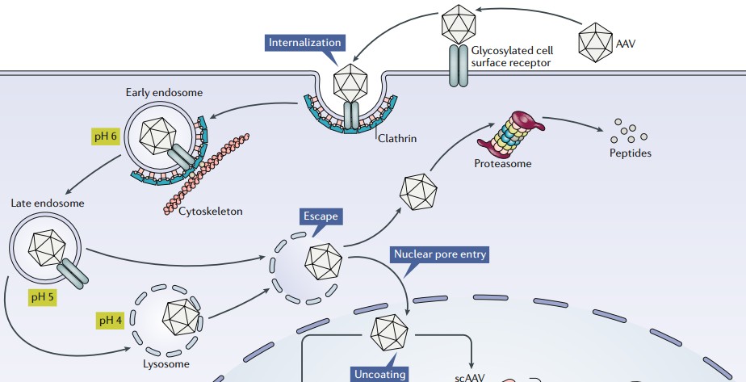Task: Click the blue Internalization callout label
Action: coord(305,42)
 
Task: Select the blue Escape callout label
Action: coord(320,216)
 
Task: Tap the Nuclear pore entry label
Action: coord(440,255)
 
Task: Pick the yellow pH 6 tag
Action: coord(105,135)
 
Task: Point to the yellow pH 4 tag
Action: coord(111,320)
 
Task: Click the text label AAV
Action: coord(626,44)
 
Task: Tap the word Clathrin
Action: coord(397,138)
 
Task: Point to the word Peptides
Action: coord(631,152)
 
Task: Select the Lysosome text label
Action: coord(167,364)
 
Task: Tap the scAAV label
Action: coord(470,376)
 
